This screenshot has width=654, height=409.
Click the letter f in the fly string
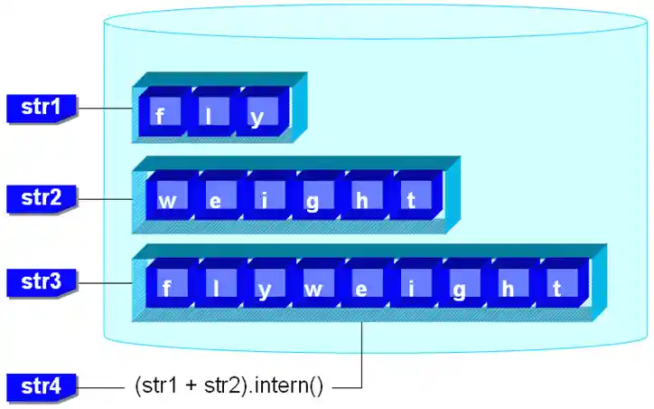160,117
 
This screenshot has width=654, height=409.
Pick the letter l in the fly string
210,117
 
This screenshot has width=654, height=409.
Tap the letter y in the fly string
258,117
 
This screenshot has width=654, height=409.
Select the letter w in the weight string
167,202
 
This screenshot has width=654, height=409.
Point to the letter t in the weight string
411,202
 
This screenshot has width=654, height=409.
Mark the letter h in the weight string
361,202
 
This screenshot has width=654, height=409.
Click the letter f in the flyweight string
166,289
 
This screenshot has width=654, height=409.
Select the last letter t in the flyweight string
557,289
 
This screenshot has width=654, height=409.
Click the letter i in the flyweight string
411,289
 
